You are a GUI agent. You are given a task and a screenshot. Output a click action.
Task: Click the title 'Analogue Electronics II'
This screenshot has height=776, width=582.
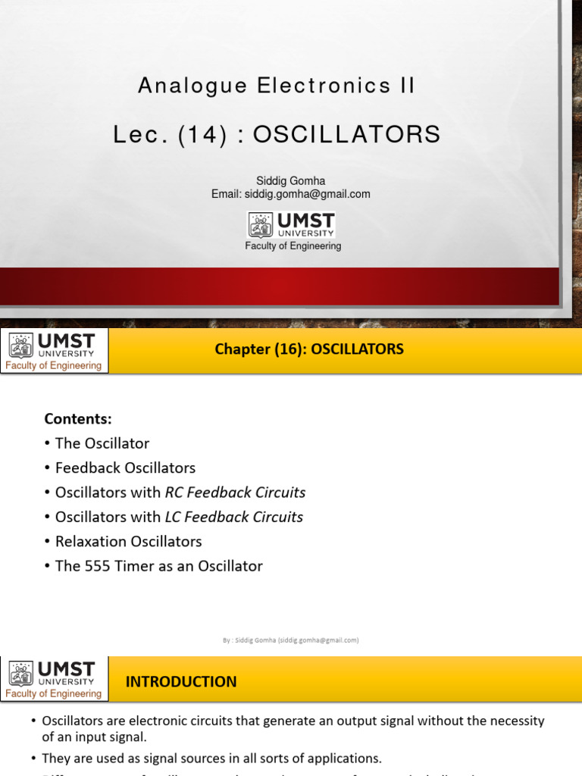pyautogui.click(x=277, y=86)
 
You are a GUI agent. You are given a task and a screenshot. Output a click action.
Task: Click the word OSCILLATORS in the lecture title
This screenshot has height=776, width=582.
pyautogui.click(x=346, y=135)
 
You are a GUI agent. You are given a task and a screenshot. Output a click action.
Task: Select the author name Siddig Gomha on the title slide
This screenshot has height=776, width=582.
pyautogui.click(x=291, y=181)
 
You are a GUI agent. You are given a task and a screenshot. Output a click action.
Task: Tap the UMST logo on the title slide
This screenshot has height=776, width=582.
pyautogui.click(x=292, y=225)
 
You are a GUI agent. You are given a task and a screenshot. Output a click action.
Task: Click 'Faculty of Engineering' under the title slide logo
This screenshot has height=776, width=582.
pyautogui.click(x=293, y=246)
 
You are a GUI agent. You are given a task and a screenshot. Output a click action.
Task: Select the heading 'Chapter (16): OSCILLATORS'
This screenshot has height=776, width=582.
pyautogui.click(x=309, y=349)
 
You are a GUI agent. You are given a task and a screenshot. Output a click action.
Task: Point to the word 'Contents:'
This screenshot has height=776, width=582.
pyautogui.click(x=78, y=418)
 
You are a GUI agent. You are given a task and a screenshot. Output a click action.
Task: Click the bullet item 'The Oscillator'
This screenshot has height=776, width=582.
pyautogui.click(x=102, y=443)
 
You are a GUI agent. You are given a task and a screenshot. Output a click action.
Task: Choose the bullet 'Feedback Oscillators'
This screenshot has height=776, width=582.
pyautogui.click(x=125, y=468)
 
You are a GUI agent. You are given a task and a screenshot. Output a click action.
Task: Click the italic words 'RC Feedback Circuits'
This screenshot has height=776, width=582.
pyautogui.click(x=235, y=493)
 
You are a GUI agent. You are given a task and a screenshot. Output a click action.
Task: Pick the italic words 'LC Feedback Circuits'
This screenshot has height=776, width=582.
pyautogui.click(x=234, y=517)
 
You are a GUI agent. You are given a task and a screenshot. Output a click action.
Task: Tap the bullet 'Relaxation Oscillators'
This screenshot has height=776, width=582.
pyautogui.click(x=128, y=541)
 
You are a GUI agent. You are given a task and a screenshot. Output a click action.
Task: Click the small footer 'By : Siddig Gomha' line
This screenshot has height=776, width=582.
pyautogui.click(x=290, y=640)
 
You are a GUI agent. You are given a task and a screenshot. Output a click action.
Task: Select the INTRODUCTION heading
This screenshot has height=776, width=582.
pyautogui.click(x=181, y=681)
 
